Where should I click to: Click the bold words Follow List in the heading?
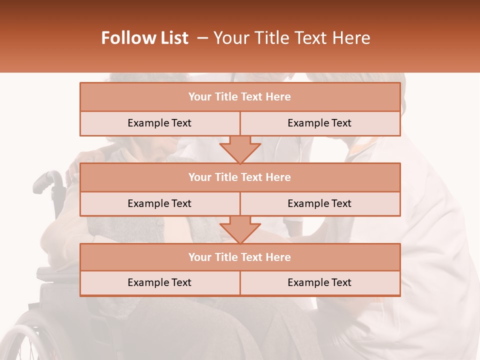pyautogui.click(x=144, y=38)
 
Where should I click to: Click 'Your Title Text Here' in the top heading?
pyautogui.click(x=291, y=38)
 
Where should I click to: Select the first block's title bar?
pyautogui.click(x=240, y=97)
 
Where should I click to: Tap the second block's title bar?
pyautogui.click(x=240, y=177)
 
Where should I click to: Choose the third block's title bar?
pyautogui.click(x=240, y=257)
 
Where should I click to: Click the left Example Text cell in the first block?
pyautogui.click(x=159, y=123)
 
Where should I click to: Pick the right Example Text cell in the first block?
pyautogui.click(x=319, y=123)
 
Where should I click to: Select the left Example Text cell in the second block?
pyautogui.click(x=159, y=203)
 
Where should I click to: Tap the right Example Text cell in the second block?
pyautogui.click(x=319, y=203)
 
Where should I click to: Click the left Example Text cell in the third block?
pyautogui.click(x=159, y=282)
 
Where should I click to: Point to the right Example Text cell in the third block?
pyautogui.click(x=319, y=282)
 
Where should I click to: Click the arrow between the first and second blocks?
pyautogui.click(x=240, y=149)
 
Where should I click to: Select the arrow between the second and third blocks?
pyautogui.click(x=240, y=230)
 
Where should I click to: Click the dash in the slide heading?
pyautogui.click(x=202, y=38)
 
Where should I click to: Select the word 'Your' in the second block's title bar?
pyautogui.click(x=199, y=177)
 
